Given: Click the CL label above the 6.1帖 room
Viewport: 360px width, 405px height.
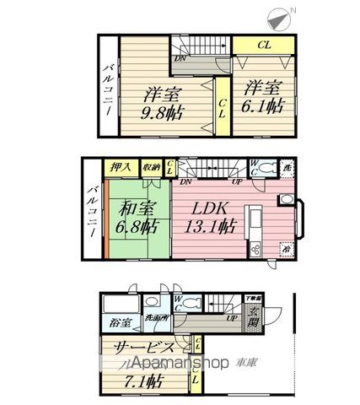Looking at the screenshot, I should click(x=263, y=45).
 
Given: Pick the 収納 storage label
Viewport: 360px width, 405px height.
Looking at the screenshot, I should click(x=152, y=168).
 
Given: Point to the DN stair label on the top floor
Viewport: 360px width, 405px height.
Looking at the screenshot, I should click(x=180, y=59).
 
